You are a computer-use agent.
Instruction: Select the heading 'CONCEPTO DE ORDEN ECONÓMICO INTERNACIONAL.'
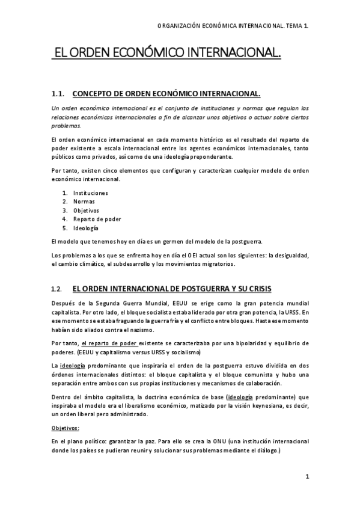166,94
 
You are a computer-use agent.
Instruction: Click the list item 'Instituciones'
91,193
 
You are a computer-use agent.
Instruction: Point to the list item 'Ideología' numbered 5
86,229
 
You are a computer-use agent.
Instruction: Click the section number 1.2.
57,289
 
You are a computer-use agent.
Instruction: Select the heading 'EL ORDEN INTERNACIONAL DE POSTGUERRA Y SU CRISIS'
171,289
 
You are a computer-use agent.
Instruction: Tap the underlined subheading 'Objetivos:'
66,428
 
